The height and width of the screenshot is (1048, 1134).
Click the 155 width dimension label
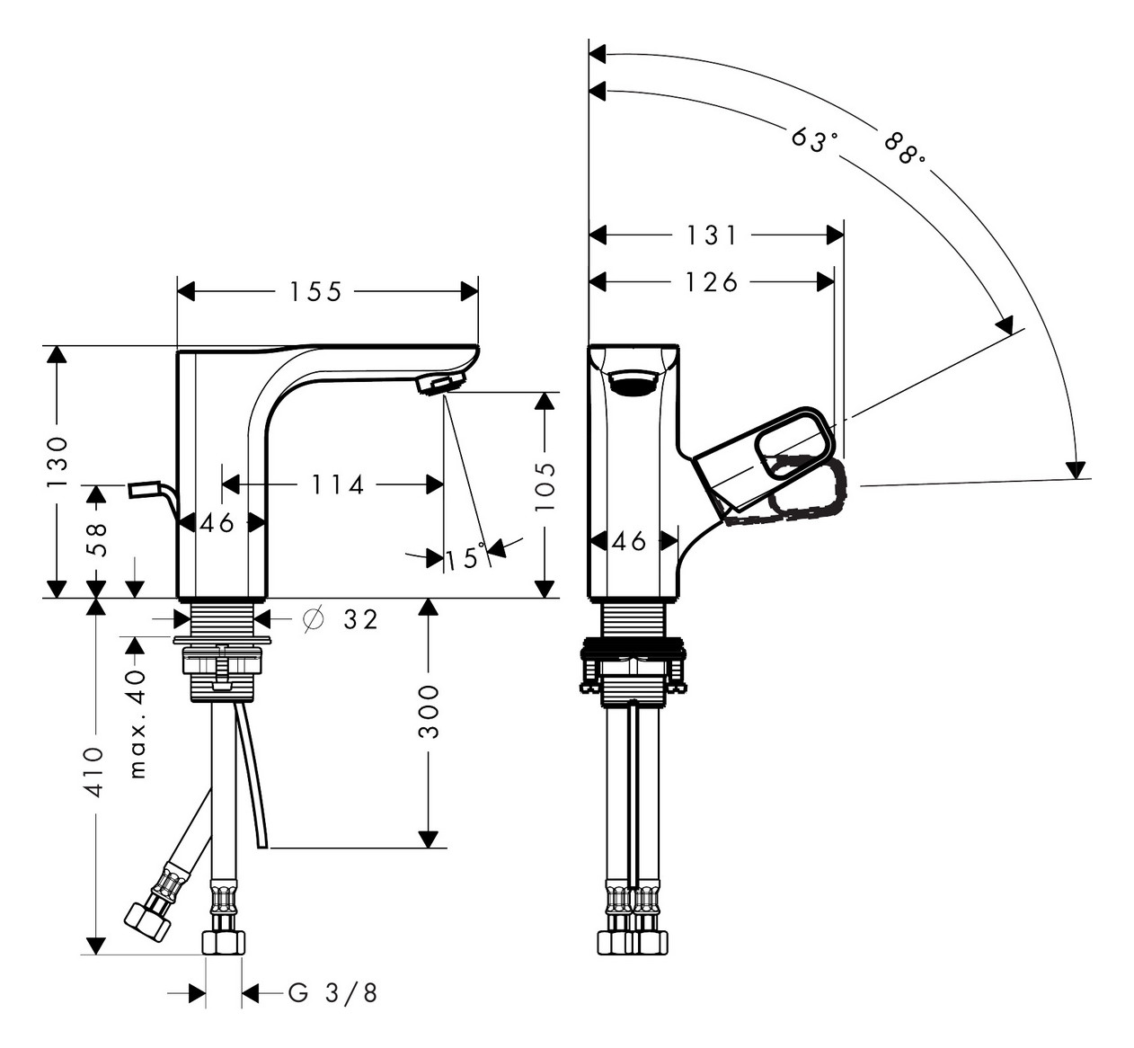[x=315, y=292]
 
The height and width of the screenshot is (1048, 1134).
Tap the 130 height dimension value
[x=58, y=462]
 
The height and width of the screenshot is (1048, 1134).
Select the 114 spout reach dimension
[x=337, y=485]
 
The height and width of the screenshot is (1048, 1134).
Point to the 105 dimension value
[x=545, y=487]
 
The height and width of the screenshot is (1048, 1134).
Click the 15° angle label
[x=465, y=558]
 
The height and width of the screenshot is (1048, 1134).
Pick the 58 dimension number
[x=96, y=538]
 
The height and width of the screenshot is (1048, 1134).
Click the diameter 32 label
[x=341, y=619]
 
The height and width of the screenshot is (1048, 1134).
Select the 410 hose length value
[x=94, y=772]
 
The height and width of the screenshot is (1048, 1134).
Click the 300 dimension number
[x=429, y=712]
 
